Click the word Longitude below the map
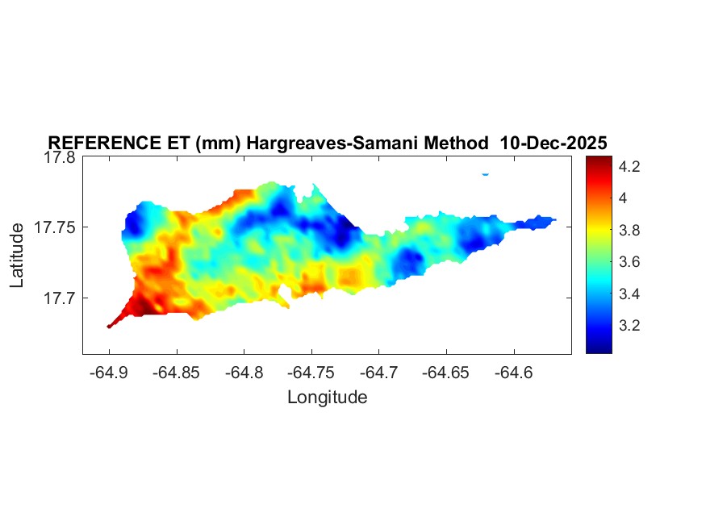coord(327,397)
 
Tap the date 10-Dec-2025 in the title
coord(554,143)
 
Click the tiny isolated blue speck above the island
coord(485,173)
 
